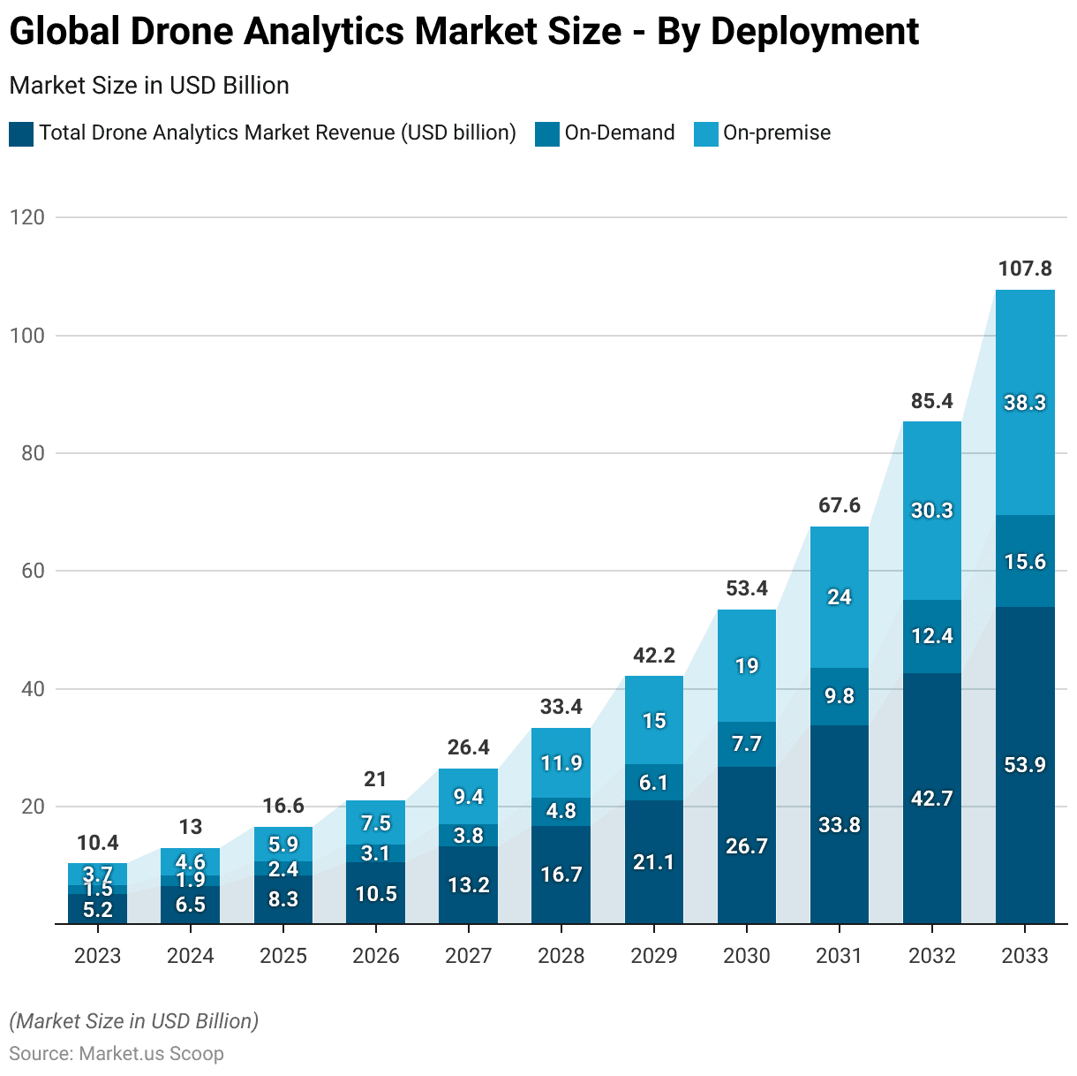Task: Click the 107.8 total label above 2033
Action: (x=1025, y=269)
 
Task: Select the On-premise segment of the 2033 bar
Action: (x=1025, y=403)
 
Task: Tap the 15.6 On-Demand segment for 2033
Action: (x=1025, y=562)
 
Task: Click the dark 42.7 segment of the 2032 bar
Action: (x=932, y=799)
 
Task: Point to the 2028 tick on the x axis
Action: (x=561, y=956)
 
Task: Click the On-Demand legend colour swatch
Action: (x=547, y=134)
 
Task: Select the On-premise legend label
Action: (x=777, y=133)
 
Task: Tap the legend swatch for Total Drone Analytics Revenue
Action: (x=21, y=134)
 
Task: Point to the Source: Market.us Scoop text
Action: (x=117, y=1054)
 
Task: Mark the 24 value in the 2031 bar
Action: (x=840, y=597)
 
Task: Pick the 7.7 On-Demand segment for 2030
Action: (x=747, y=744)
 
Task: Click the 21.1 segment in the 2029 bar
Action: (x=654, y=862)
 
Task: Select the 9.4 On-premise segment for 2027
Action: (x=469, y=797)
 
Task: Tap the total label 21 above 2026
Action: (x=375, y=779)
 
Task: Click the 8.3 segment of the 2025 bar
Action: (x=283, y=899)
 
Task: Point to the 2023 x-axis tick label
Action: (x=97, y=956)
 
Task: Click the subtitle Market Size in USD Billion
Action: (x=149, y=86)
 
